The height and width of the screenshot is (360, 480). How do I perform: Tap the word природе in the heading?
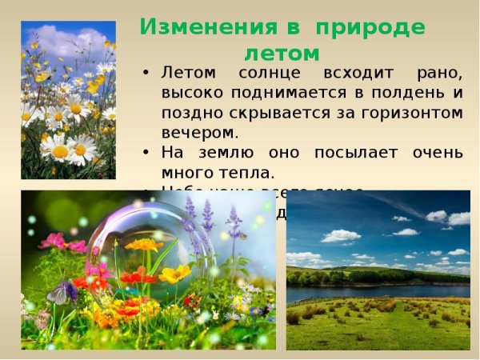tap(370, 26)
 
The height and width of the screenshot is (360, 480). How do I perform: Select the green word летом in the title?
tap(281, 53)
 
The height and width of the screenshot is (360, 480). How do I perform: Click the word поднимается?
tap(294, 93)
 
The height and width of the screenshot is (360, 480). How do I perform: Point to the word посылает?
tap(359, 151)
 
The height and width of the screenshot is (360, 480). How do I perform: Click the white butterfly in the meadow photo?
tap(62, 294)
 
